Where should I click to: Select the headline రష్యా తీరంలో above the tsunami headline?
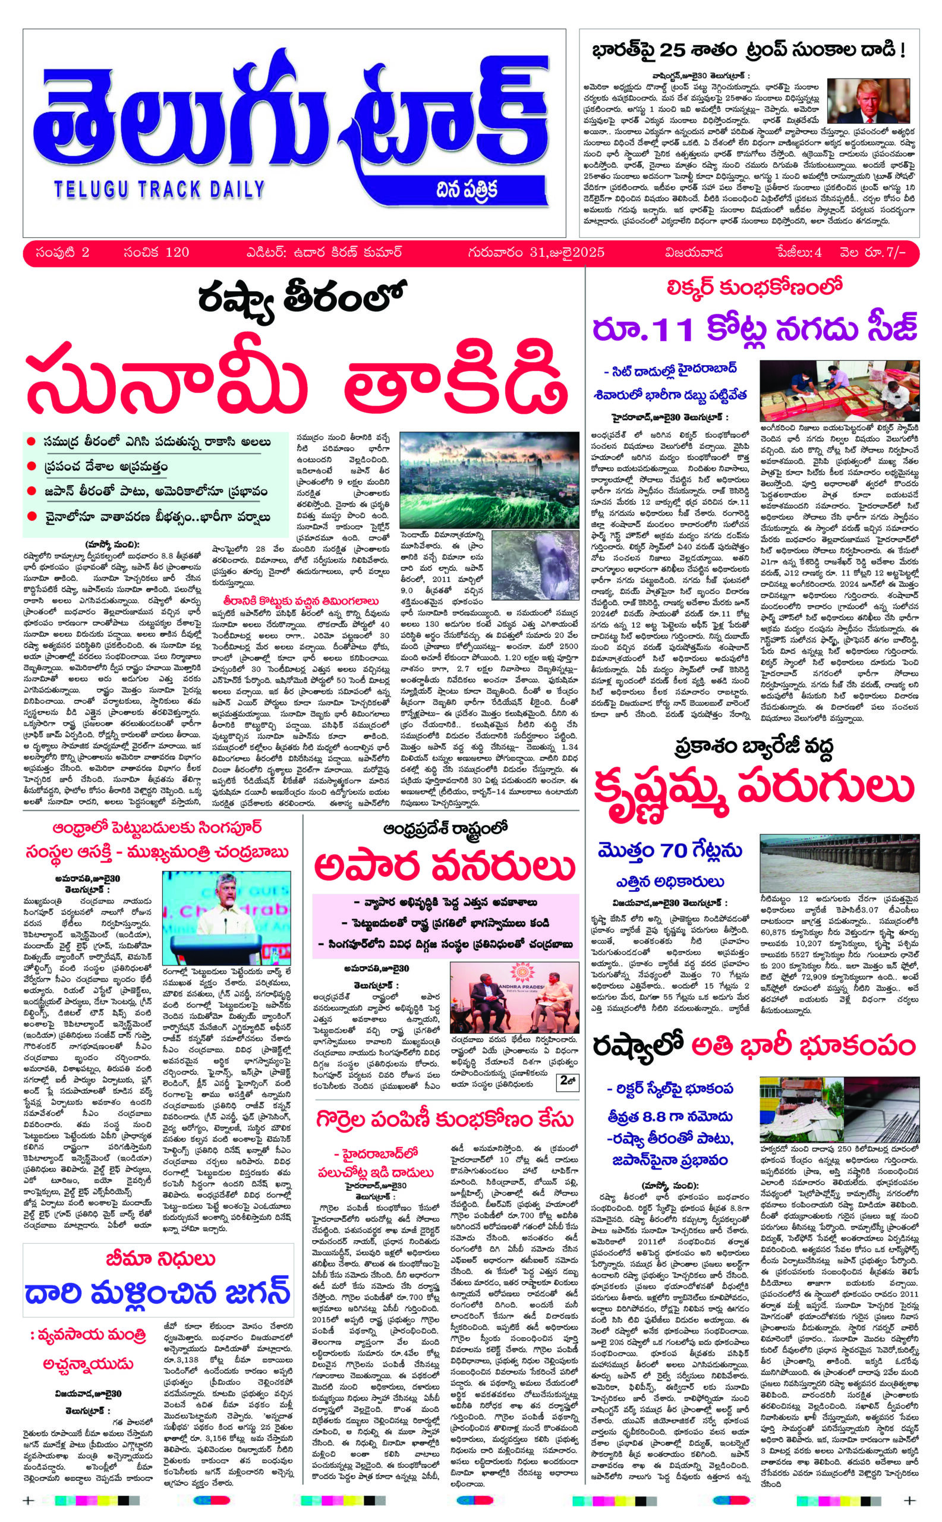[302, 301]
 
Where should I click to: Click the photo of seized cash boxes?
[839, 391]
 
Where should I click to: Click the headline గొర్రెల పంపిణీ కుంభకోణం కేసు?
[443, 1118]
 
